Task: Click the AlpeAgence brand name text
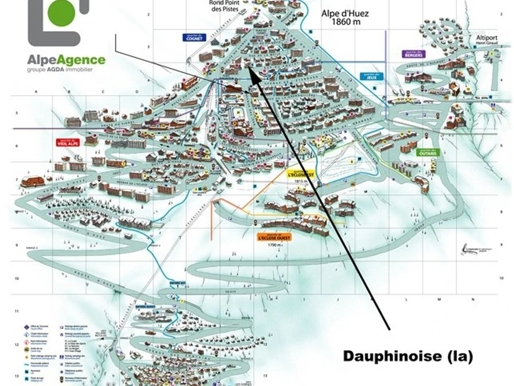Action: coord(66,60)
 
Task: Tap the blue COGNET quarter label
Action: coord(194,38)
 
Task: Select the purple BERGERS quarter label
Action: coord(413,54)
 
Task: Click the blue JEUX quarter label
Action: coord(371,75)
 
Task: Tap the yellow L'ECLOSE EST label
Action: coord(301,174)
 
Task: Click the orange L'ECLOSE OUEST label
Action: coord(274,237)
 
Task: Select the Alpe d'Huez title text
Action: coord(345,14)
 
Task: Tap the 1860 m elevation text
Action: coord(346,22)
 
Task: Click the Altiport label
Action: coord(485,37)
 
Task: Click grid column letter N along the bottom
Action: coord(473,299)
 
